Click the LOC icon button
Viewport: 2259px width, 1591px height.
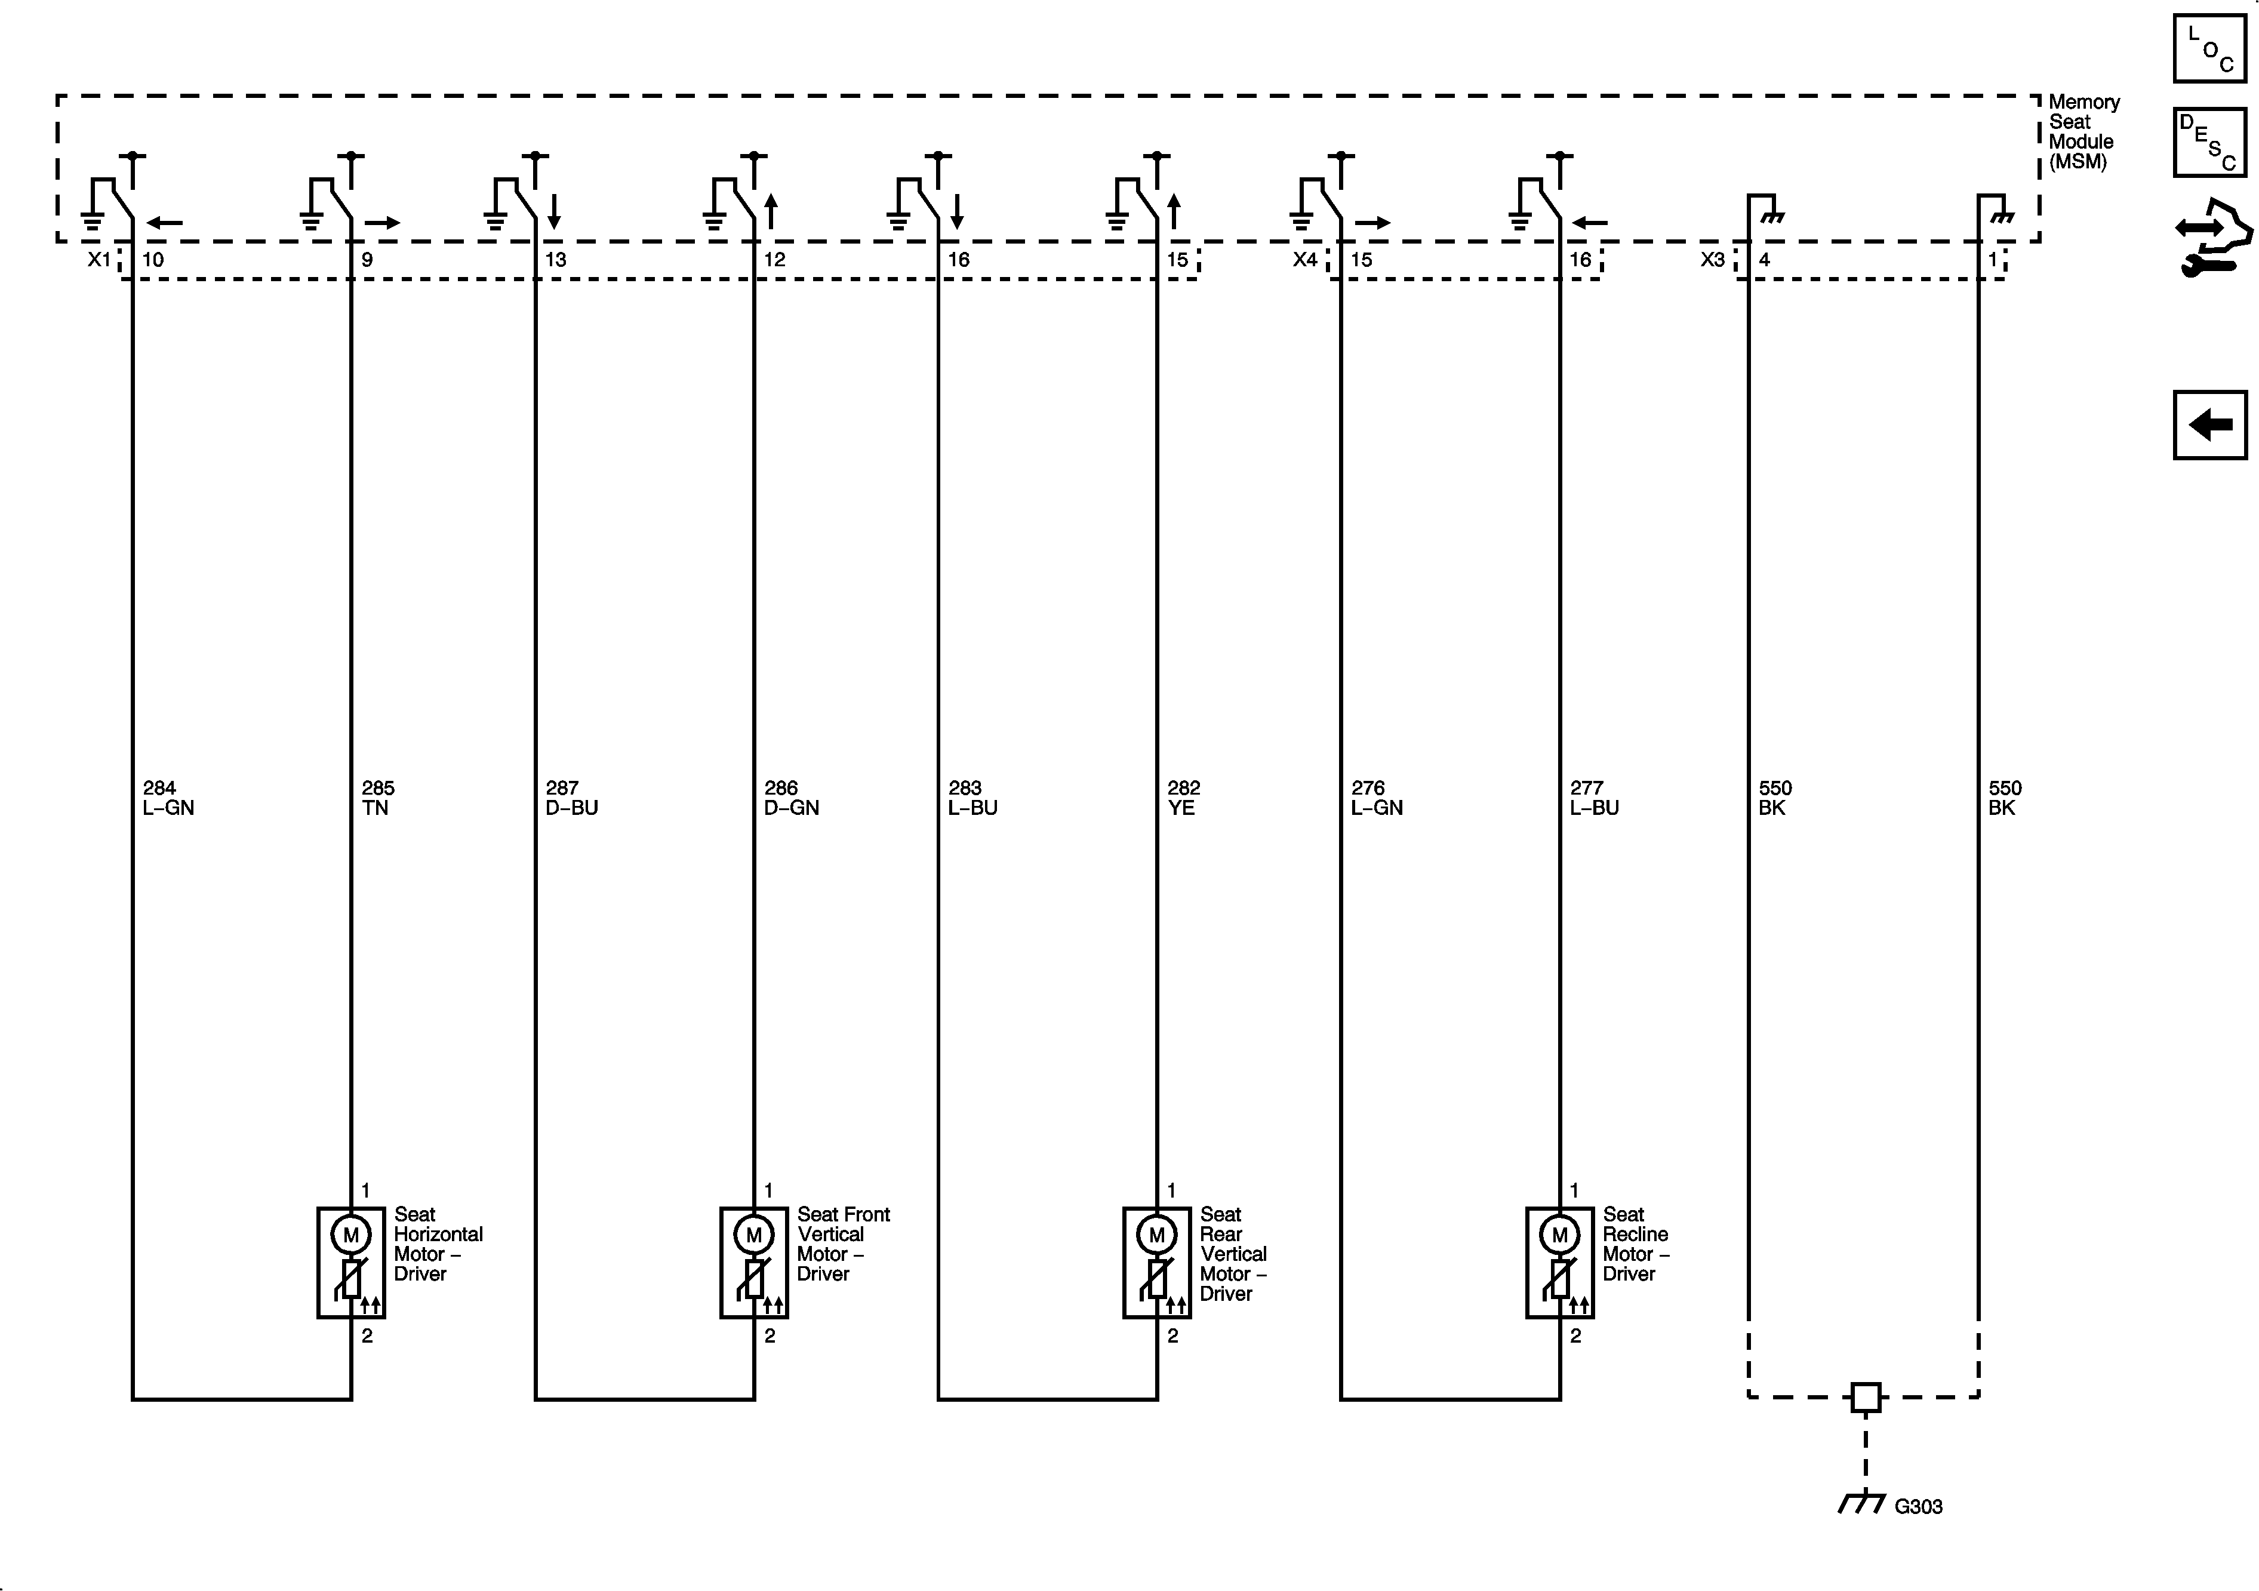tap(2210, 49)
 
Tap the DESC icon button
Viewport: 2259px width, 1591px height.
tap(2210, 143)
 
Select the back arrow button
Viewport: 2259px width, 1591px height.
tap(2210, 425)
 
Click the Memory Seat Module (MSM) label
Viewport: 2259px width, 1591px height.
tap(2083, 132)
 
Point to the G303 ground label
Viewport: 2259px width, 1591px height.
tap(1918, 1506)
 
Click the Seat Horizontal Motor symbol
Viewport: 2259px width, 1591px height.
tap(351, 1263)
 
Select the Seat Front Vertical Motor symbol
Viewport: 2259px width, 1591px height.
tap(753, 1263)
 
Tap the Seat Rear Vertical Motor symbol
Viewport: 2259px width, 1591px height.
tap(1157, 1263)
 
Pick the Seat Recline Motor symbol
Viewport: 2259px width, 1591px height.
tap(1559, 1263)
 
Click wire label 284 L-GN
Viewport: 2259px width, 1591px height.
tap(168, 798)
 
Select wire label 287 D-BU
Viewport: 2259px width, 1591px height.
tap(572, 798)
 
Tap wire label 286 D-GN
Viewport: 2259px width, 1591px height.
tap(791, 798)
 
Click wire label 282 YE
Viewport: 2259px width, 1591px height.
tap(1184, 798)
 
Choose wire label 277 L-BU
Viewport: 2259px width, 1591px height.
tap(1594, 798)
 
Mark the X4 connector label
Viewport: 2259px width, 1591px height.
tap(1304, 260)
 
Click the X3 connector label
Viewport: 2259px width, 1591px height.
tap(1713, 260)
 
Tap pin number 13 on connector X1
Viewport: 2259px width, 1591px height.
tap(556, 260)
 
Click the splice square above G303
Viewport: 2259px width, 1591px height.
tap(1866, 1397)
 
